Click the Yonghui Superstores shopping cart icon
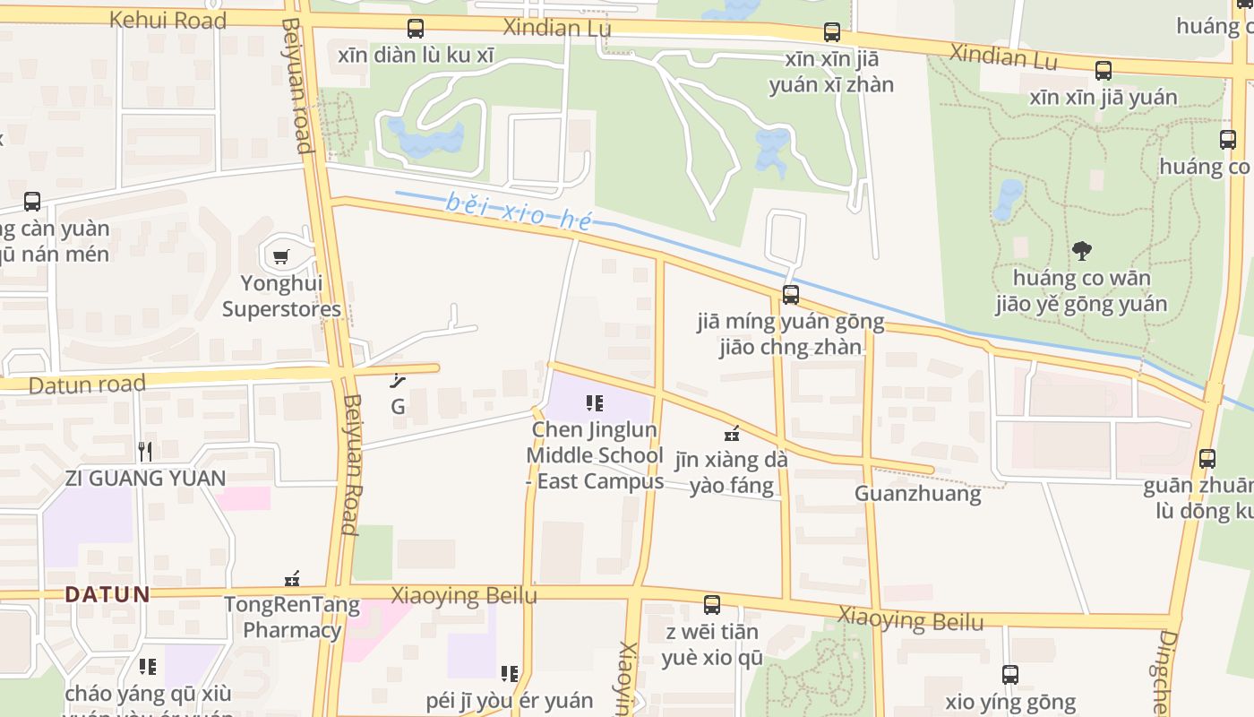point(281,257)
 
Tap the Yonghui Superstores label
point(281,297)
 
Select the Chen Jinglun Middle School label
point(595,455)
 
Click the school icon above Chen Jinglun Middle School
point(595,403)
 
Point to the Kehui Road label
point(167,20)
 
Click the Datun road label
point(87,385)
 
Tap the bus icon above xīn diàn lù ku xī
point(416,28)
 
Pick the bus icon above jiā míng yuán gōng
point(790,294)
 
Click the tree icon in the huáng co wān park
point(1081,250)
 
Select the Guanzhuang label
point(917,494)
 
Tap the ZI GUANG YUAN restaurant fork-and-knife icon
point(145,451)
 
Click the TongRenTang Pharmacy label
point(292,618)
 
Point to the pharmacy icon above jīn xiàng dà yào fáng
point(733,434)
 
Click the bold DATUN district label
point(107,594)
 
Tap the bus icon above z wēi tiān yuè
point(712,605)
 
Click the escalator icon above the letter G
point(399,381)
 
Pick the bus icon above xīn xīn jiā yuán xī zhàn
point(832,32)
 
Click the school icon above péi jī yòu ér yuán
point(510,673)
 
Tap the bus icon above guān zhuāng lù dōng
point(1207,459)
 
